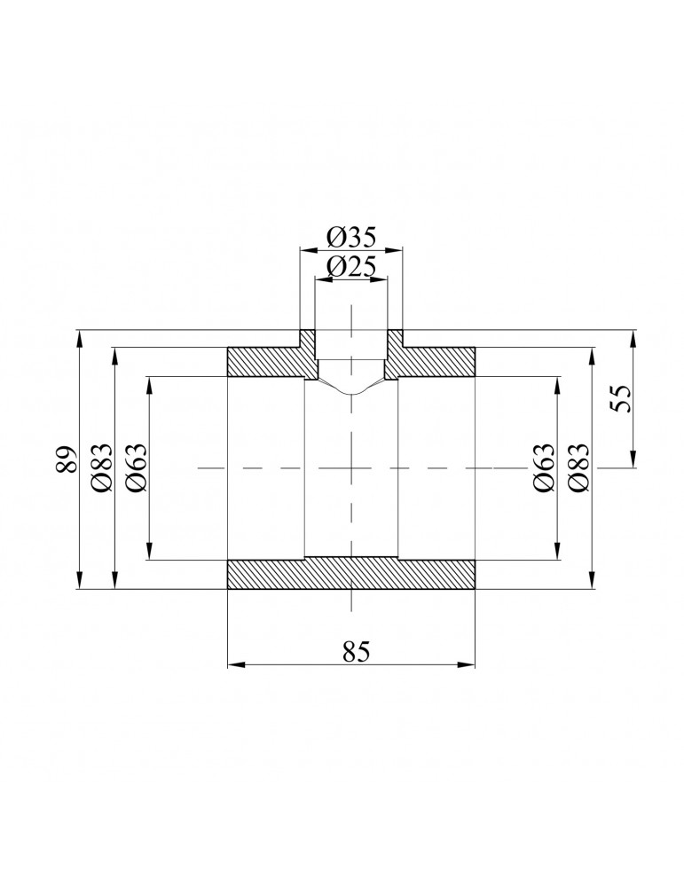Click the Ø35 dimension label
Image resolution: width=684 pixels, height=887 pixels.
pyautogui.click(x=351, y=237)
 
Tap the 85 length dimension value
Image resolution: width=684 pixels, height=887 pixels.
pyautogui.click(x=354, y=651)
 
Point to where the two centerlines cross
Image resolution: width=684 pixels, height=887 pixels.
pyautogui.click(x=352, y=467)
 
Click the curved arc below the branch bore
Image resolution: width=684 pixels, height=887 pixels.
pyautogui.click(x=352, y=391)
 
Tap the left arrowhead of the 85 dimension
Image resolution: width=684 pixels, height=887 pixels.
pyautogui.click(x=233, y=664)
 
